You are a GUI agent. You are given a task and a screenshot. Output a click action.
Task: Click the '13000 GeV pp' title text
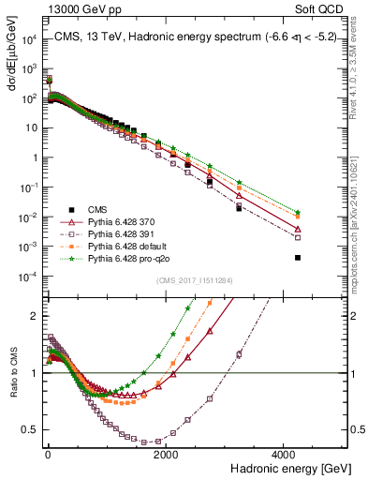pos(78,8)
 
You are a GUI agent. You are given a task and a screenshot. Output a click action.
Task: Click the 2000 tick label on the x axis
pos(166,454)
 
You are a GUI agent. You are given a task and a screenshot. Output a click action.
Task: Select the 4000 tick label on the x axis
pos(286,454)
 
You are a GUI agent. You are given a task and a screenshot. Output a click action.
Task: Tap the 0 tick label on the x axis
pos(48,454)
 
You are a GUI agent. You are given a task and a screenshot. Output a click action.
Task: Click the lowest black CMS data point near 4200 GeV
pos(298,257)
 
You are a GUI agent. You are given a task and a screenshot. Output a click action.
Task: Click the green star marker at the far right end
pos(298,212)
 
